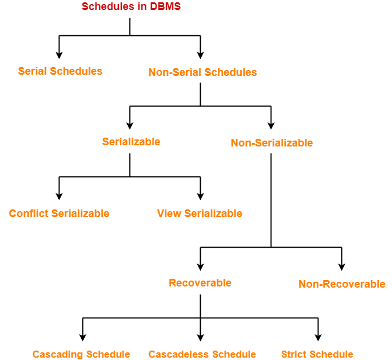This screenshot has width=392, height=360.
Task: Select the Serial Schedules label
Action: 60,71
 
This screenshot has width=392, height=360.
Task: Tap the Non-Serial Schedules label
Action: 202,72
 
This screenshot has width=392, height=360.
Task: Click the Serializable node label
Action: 131,142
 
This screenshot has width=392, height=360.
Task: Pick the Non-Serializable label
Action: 272,143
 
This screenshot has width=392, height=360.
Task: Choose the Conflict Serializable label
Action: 59,214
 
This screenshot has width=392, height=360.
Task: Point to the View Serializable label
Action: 200,214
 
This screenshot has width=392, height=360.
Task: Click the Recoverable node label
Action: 200,283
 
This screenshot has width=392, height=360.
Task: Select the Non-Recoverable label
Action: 341,284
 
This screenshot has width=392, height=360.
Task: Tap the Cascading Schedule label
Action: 81,354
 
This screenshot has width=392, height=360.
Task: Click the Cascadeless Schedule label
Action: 202,354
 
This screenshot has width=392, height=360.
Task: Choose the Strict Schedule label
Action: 317,354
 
